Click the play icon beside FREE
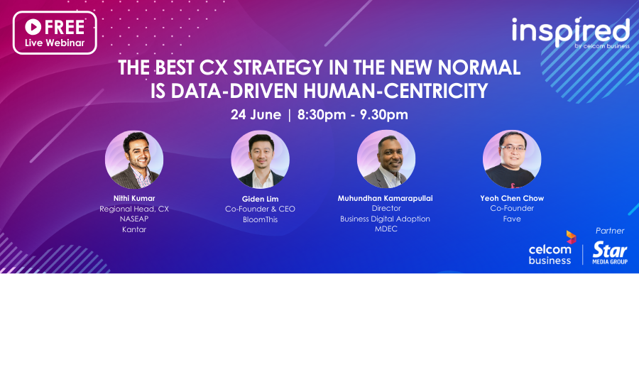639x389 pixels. click(33, 27)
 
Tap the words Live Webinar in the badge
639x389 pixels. click(55, 43)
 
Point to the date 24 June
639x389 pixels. click(256, 114)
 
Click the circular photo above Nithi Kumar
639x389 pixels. click(134, 160)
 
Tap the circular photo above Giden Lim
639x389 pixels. click(260, 160)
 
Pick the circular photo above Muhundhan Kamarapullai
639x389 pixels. click(386, 160)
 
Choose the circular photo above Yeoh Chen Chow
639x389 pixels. click(511, 160)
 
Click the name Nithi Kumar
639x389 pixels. click(134, 199)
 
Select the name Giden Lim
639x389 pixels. click(260, 199)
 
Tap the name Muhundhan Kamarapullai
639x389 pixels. click(386, 198)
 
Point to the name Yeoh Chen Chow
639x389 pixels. click(511, 198)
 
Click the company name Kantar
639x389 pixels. click(134, 229)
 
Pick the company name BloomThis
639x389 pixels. click(260, 219)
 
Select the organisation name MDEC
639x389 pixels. click(386, 229)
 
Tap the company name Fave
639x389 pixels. click(511, 219)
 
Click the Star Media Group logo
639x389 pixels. click(610, 253)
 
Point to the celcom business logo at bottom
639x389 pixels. click(550, 249)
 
